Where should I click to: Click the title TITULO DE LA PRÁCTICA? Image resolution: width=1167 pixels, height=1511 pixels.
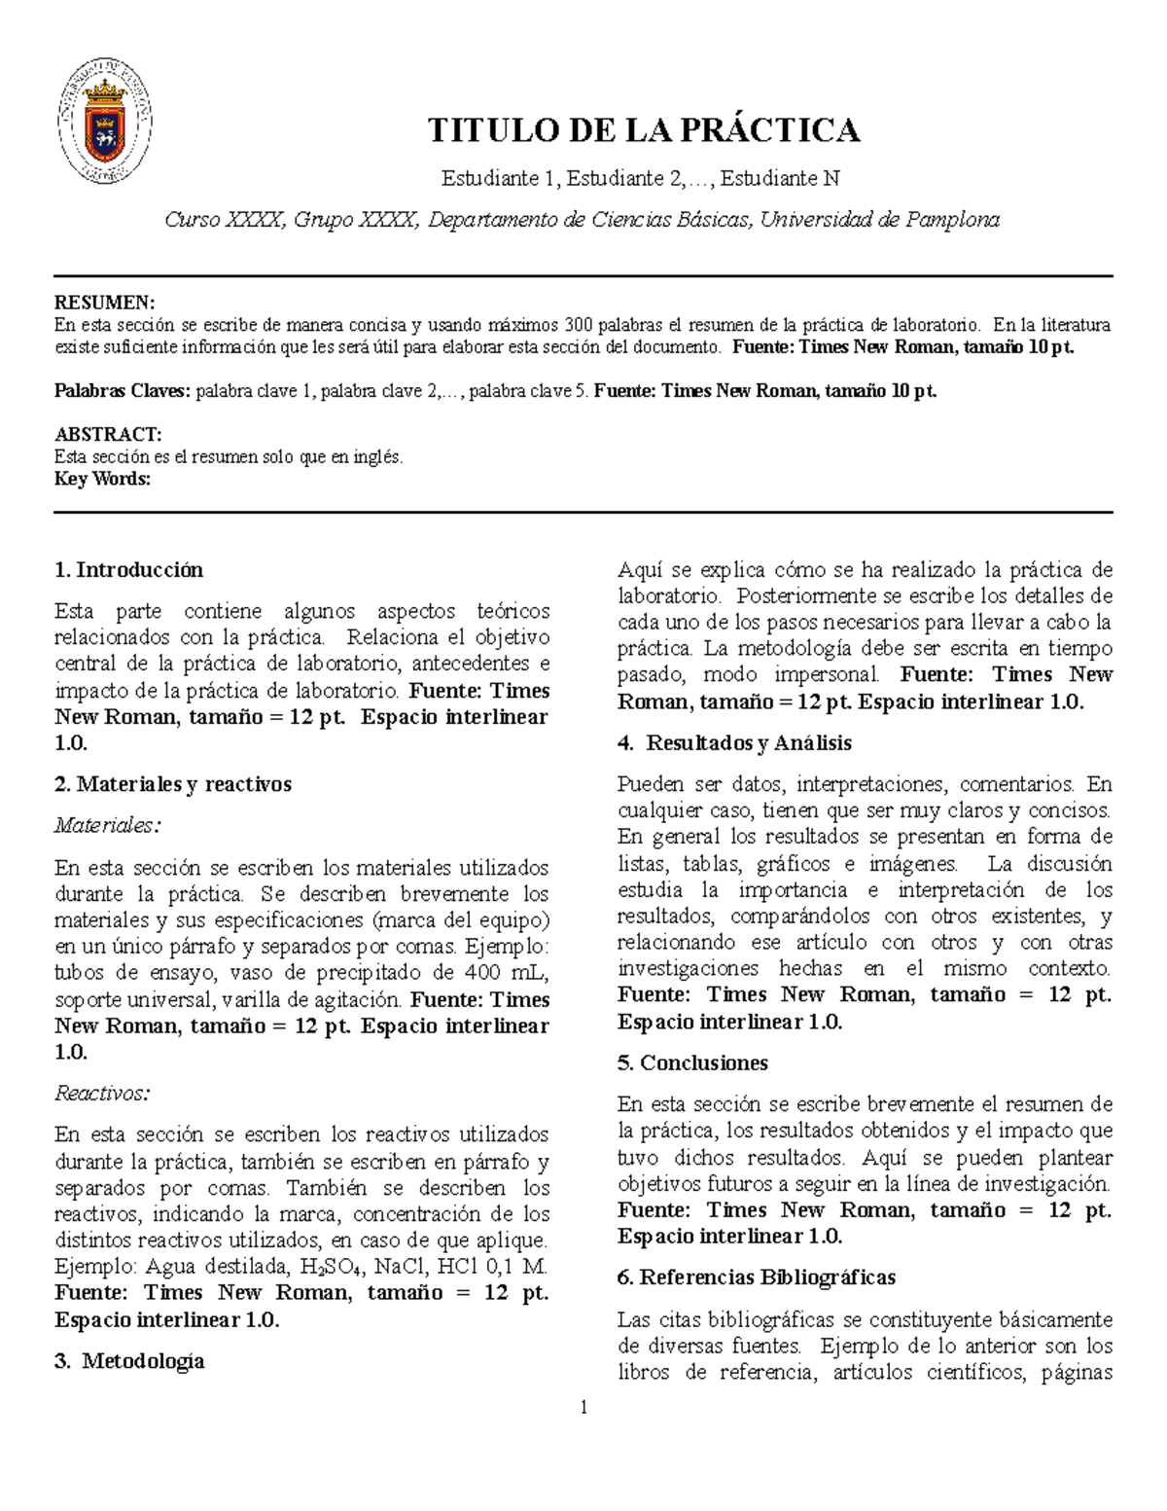(x=646, y=129)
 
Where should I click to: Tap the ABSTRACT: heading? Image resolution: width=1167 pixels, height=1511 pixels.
(x=108, y=434)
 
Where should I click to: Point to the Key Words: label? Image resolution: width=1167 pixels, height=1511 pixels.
(x=103, y=479)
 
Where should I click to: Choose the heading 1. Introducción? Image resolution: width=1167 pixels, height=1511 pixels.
(x=129, y=570)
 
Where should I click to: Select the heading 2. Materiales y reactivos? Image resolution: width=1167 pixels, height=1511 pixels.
(x=173, y=784)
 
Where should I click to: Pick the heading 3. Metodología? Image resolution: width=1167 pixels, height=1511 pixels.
(x=129, y=1361)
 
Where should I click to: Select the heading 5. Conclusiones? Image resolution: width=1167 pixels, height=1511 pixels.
(x=692, y=1063)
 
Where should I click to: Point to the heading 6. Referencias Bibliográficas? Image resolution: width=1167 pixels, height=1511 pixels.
(x=757, y=1277)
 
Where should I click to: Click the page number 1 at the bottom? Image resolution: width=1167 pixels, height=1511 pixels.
(x=584, y=1407)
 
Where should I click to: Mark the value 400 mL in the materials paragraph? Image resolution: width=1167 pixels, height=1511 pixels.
(x=505, y=973)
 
